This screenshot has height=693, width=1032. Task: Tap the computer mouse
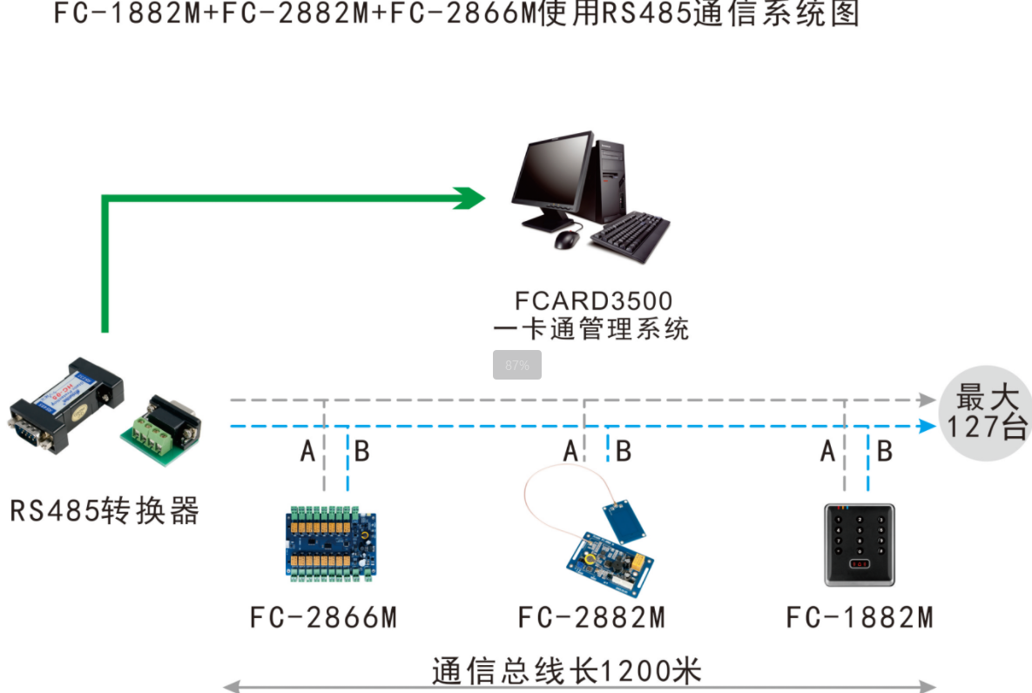coord(567,239)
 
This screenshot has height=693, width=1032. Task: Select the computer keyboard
coord(631,235)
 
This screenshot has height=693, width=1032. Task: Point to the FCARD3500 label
coord(593,301)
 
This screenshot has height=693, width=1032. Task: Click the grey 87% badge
coord(517,365)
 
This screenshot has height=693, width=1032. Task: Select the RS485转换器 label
coord(105,510)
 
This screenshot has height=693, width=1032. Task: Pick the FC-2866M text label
coord(323,618)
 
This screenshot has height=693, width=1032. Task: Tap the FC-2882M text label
coord(591,618)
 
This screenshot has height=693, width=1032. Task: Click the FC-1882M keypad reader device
coord(859,544)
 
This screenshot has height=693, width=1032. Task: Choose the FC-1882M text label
coord(860,618)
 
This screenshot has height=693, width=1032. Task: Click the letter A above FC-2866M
coord(307,452)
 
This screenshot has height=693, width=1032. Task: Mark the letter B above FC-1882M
coord(884,452)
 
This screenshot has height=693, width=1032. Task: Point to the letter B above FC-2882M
coord(624,452)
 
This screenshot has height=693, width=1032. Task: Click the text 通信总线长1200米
coord(566,671)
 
